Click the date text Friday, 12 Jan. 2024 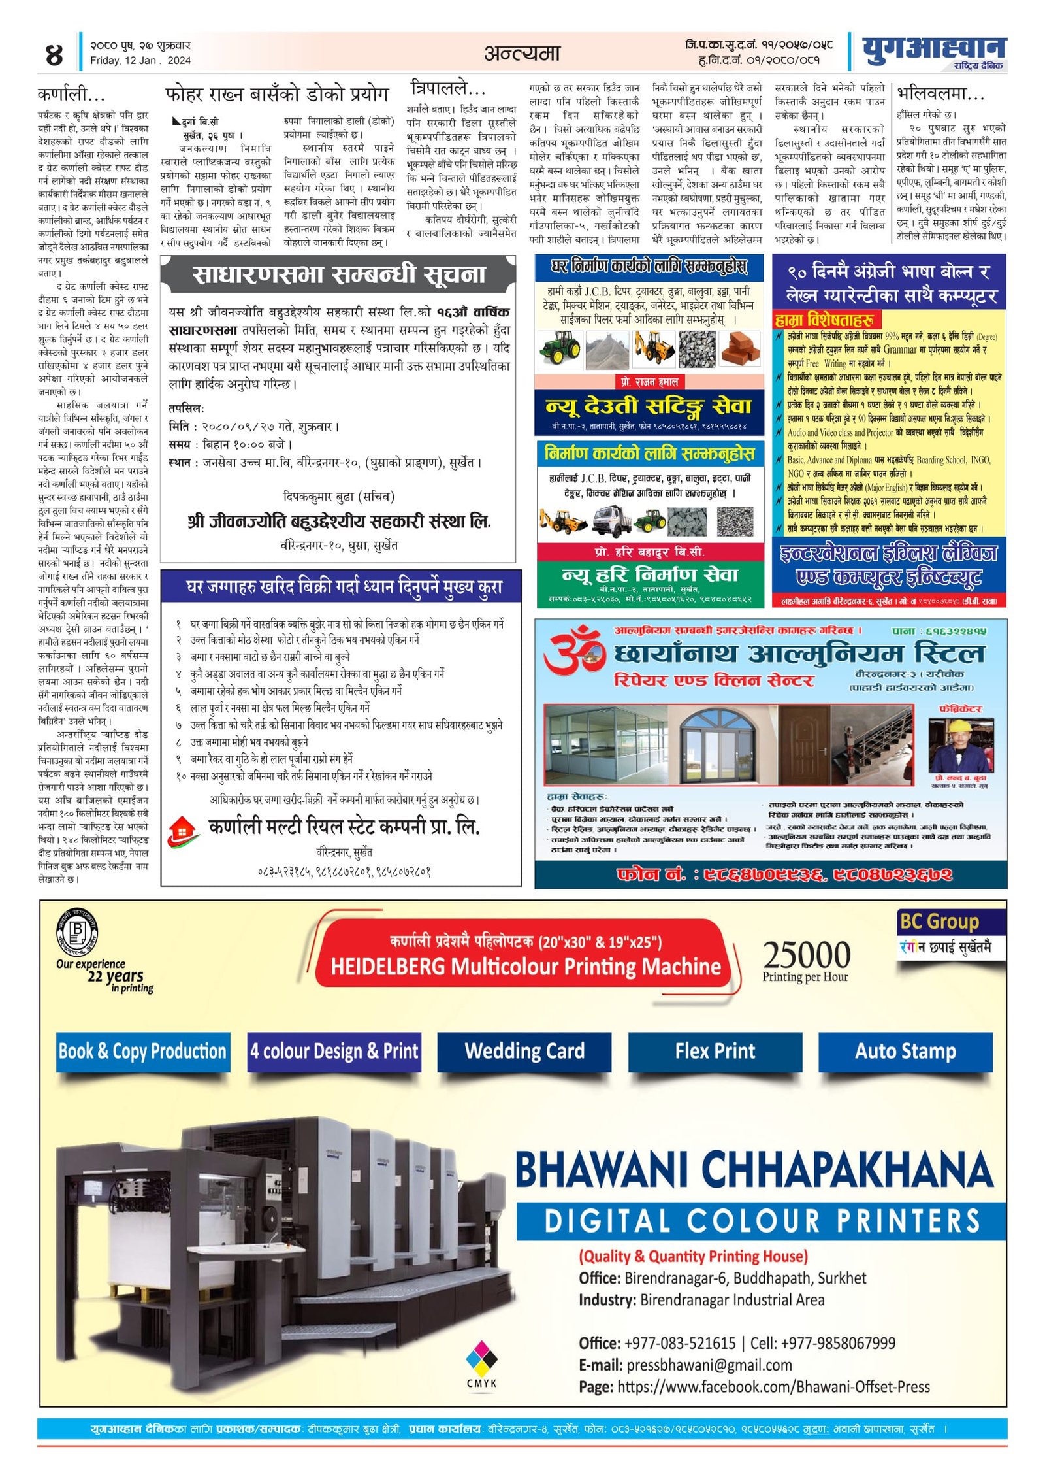[140, 61]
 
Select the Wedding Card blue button [524, 1051]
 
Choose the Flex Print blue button [715, 1051]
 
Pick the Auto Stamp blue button [905, 1051]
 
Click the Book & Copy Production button [142, 1051]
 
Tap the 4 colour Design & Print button [334, 1051]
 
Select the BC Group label [939, 922]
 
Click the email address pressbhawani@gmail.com [709, 1365]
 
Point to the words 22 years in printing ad [116, 976]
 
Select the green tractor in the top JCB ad [560, 347]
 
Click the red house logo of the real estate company [184, 829]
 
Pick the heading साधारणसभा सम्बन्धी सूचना [338, 274]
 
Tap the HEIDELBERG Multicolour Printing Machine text [526, 966]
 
